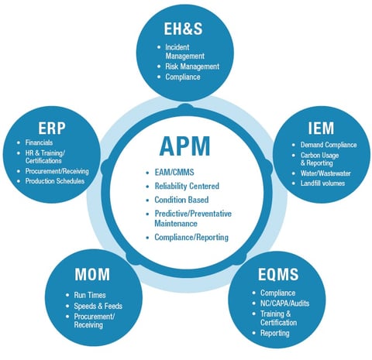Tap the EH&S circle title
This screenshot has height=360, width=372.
(184, 29)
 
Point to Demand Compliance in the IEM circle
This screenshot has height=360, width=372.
(328, 145)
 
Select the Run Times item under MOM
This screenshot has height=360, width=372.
(84, 295)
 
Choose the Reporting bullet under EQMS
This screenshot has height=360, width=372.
(276, 333)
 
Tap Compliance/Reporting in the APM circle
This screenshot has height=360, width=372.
(191, 237)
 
